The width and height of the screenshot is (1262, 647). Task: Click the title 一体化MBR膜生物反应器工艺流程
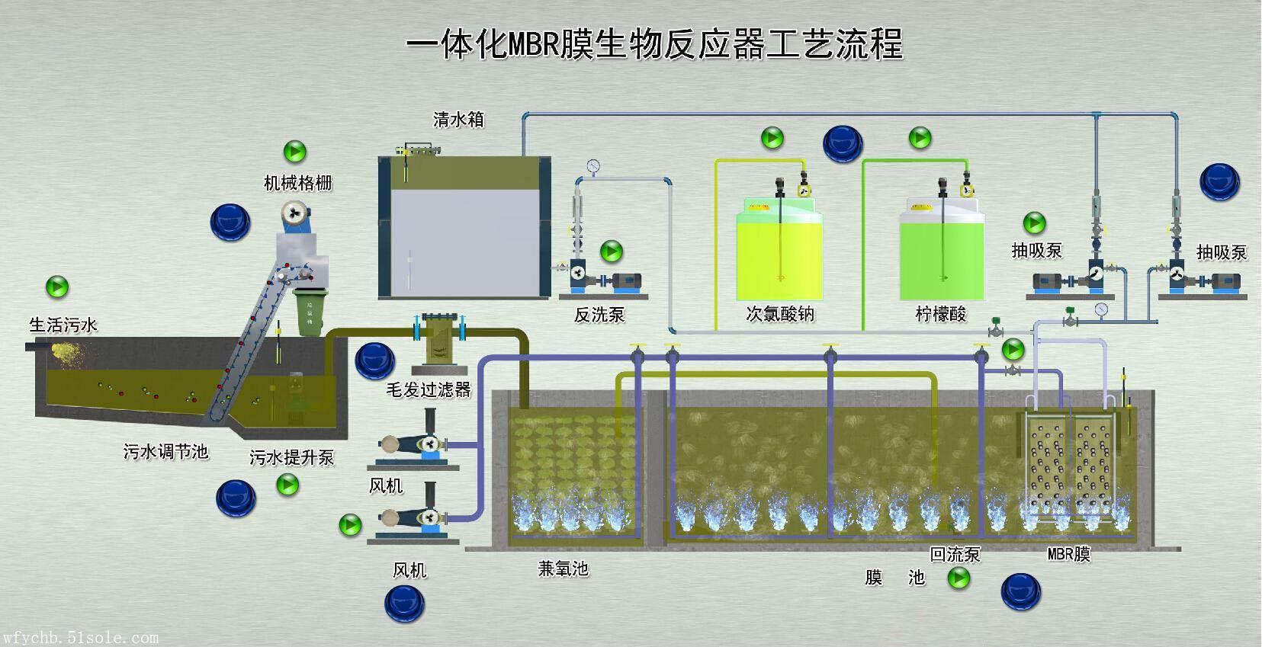[654, 44]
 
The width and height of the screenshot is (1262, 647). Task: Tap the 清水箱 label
[458, 120]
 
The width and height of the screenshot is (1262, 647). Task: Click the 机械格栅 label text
[297, 183]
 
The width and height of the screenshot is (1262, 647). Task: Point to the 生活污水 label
[63, 325]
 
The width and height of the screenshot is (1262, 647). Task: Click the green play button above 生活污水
[57, 287]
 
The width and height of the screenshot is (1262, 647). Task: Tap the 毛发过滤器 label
[429, 390]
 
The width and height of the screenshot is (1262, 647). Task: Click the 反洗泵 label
[599, 315]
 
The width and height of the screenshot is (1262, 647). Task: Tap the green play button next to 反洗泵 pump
[612, 251]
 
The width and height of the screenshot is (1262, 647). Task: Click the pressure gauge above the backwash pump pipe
[593, 165]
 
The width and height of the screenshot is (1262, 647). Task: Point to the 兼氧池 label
[563, 569]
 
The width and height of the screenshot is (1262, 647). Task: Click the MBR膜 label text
[1068, 554]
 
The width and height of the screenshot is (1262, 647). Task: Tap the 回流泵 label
[955, 554]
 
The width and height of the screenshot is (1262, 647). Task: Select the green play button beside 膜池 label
[959, 578]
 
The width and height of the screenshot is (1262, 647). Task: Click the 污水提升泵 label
[292, 457]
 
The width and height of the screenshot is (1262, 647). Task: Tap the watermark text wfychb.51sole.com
[80, 637]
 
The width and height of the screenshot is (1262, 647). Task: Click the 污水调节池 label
[165, 451]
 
